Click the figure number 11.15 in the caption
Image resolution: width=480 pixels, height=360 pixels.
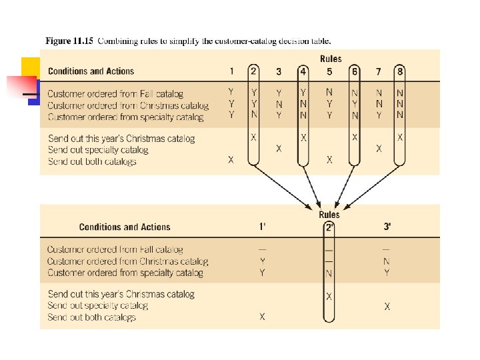coord(83,41)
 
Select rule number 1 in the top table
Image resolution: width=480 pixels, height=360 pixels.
coord(231,71)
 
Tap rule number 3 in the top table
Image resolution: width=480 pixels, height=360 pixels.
coord(279,71)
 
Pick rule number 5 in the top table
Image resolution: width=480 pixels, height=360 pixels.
coord(329,71)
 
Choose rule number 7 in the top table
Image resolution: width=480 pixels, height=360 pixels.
coord(379,71)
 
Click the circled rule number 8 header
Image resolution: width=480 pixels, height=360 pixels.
coord(400,71)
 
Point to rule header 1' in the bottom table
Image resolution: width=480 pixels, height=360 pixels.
coord(262,227)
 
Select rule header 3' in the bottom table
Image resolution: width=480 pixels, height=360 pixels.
coord(387,227)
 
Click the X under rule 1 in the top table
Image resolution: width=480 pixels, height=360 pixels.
coord(231,160)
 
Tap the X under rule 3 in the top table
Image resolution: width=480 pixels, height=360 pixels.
coord(279,149)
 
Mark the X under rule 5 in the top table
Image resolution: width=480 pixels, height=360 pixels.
coord(329,160)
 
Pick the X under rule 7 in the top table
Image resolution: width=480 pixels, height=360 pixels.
coord(379,149)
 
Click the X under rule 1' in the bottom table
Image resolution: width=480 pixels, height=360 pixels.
coord(262,317)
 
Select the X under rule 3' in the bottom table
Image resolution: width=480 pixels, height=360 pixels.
coord(387,306)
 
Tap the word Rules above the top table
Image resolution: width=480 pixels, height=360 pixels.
coord(331,59)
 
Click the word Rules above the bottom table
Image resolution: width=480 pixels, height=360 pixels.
coord(329,215)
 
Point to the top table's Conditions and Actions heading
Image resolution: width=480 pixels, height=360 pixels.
coord(91,71)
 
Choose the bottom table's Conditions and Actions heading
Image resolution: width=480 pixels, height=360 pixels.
coord(125,227)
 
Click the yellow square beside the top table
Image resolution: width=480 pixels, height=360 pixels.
coord(29,67)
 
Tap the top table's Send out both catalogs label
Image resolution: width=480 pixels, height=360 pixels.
coord(92,161)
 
